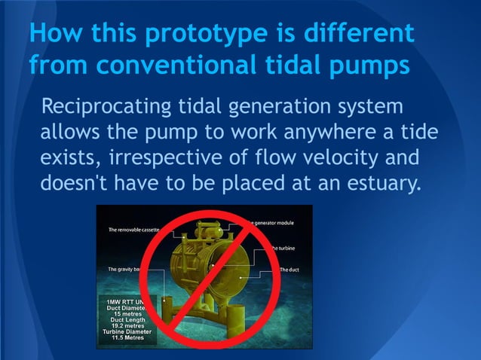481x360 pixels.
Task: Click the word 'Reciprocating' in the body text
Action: click(x=102, y=106)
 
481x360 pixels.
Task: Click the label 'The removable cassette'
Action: click(x=136, y=229)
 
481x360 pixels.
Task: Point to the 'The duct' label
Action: click(x=290, y=270)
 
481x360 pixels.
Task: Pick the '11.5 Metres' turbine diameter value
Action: click(x=129, y=338)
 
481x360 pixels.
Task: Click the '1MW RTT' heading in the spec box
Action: click(x=124, y=301)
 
